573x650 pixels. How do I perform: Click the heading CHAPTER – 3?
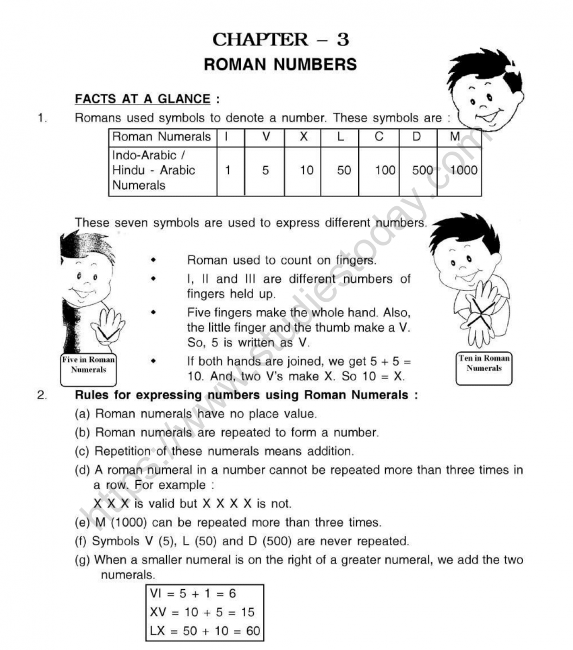(x=280, y=40)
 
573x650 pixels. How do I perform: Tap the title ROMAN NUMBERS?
(x=280, y=64)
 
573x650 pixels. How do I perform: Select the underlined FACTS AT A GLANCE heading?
(x=143, y=99)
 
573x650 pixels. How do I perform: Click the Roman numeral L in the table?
(x=340, y=137)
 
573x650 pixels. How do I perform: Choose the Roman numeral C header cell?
(x=379, y=137)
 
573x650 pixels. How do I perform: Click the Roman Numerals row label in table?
(x=162, y=137)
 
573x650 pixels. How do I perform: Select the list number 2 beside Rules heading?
(x=42, y=395)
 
